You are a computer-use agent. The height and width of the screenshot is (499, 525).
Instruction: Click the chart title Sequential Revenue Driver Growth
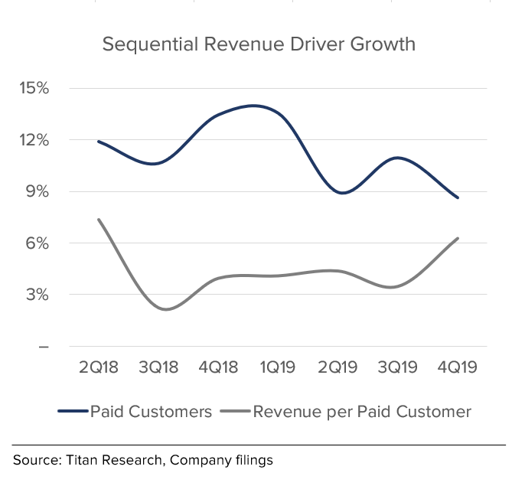tap(259, 44)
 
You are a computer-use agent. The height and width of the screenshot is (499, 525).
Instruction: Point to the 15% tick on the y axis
tap(34, 88)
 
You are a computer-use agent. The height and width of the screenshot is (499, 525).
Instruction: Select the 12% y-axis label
tap(34, 140)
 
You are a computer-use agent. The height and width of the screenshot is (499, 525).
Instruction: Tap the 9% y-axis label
tap(37, 191)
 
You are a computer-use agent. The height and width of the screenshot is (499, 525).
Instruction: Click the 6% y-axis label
tap(37, 243)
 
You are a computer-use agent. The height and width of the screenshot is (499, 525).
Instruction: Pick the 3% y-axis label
tap(37, 295)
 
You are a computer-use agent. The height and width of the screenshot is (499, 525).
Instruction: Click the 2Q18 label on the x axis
tap(99, 367)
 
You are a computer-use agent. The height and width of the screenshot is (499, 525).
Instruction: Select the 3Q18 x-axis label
tap(158, 367)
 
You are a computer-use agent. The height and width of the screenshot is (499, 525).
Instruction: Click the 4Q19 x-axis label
tap(457, 367)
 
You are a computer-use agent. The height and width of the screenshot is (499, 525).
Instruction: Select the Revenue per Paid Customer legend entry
tap(362, 412)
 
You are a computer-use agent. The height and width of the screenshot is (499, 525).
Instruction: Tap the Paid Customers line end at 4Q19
tap(458, 197)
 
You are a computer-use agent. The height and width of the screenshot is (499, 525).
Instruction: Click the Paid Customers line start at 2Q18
tap(99, 142)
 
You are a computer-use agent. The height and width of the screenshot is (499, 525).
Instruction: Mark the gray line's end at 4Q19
tap(458, 239)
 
